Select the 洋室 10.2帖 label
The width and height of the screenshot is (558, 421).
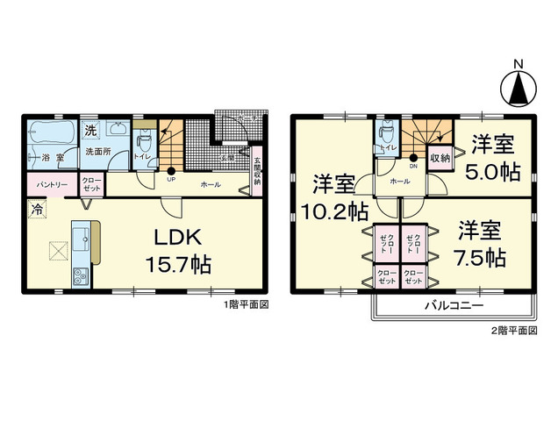[334, 196]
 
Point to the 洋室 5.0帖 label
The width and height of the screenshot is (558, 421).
[491, 157]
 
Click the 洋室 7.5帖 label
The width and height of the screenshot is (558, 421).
[479, 245]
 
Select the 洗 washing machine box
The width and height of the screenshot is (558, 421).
[90, 130]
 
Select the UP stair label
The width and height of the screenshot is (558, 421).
[171, 182]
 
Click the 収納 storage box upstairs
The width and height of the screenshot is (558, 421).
[440, 158]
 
